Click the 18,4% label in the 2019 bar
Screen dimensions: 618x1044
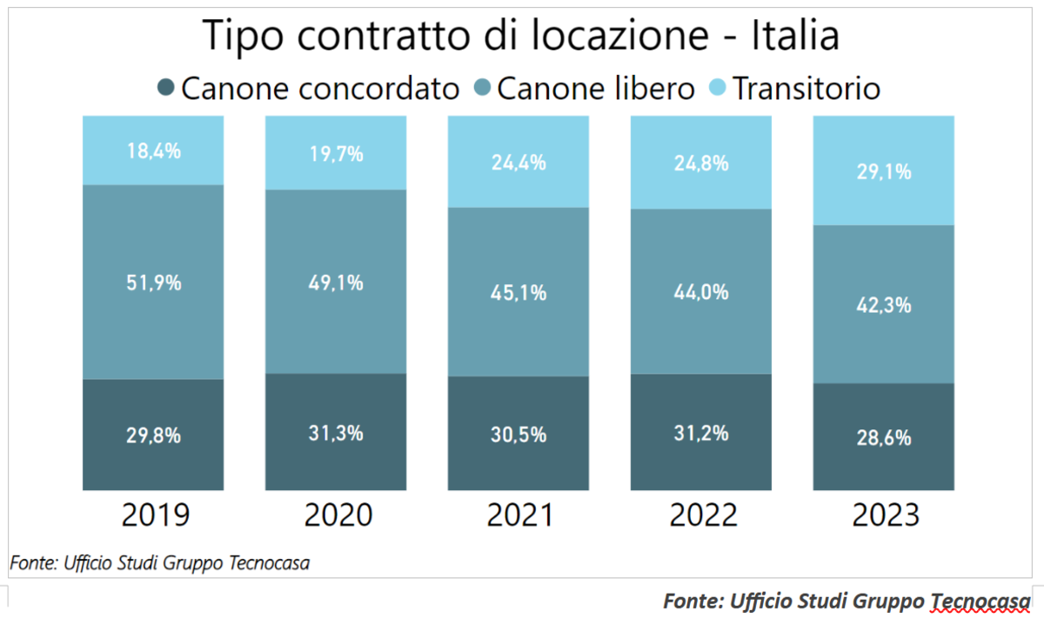point(153,150)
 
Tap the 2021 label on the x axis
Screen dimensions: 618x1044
point(519,515)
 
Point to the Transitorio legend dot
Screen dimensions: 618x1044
point(718,88)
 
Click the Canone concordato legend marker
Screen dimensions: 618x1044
point(167,88)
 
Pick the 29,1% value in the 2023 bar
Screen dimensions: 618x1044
point(883,171)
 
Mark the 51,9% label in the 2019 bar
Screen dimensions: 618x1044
point(153,282)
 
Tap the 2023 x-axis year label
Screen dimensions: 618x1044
point(885,515)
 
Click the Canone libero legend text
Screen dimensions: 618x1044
point(596,88)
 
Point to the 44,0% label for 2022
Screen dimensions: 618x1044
point(700,293)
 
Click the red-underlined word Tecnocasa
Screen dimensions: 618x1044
point(980,601)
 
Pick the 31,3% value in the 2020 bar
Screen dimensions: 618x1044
point(336,432)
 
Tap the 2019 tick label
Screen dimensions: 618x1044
point(155,515)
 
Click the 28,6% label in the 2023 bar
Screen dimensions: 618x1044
point(883,437)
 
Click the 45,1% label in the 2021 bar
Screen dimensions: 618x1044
point(519,293)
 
